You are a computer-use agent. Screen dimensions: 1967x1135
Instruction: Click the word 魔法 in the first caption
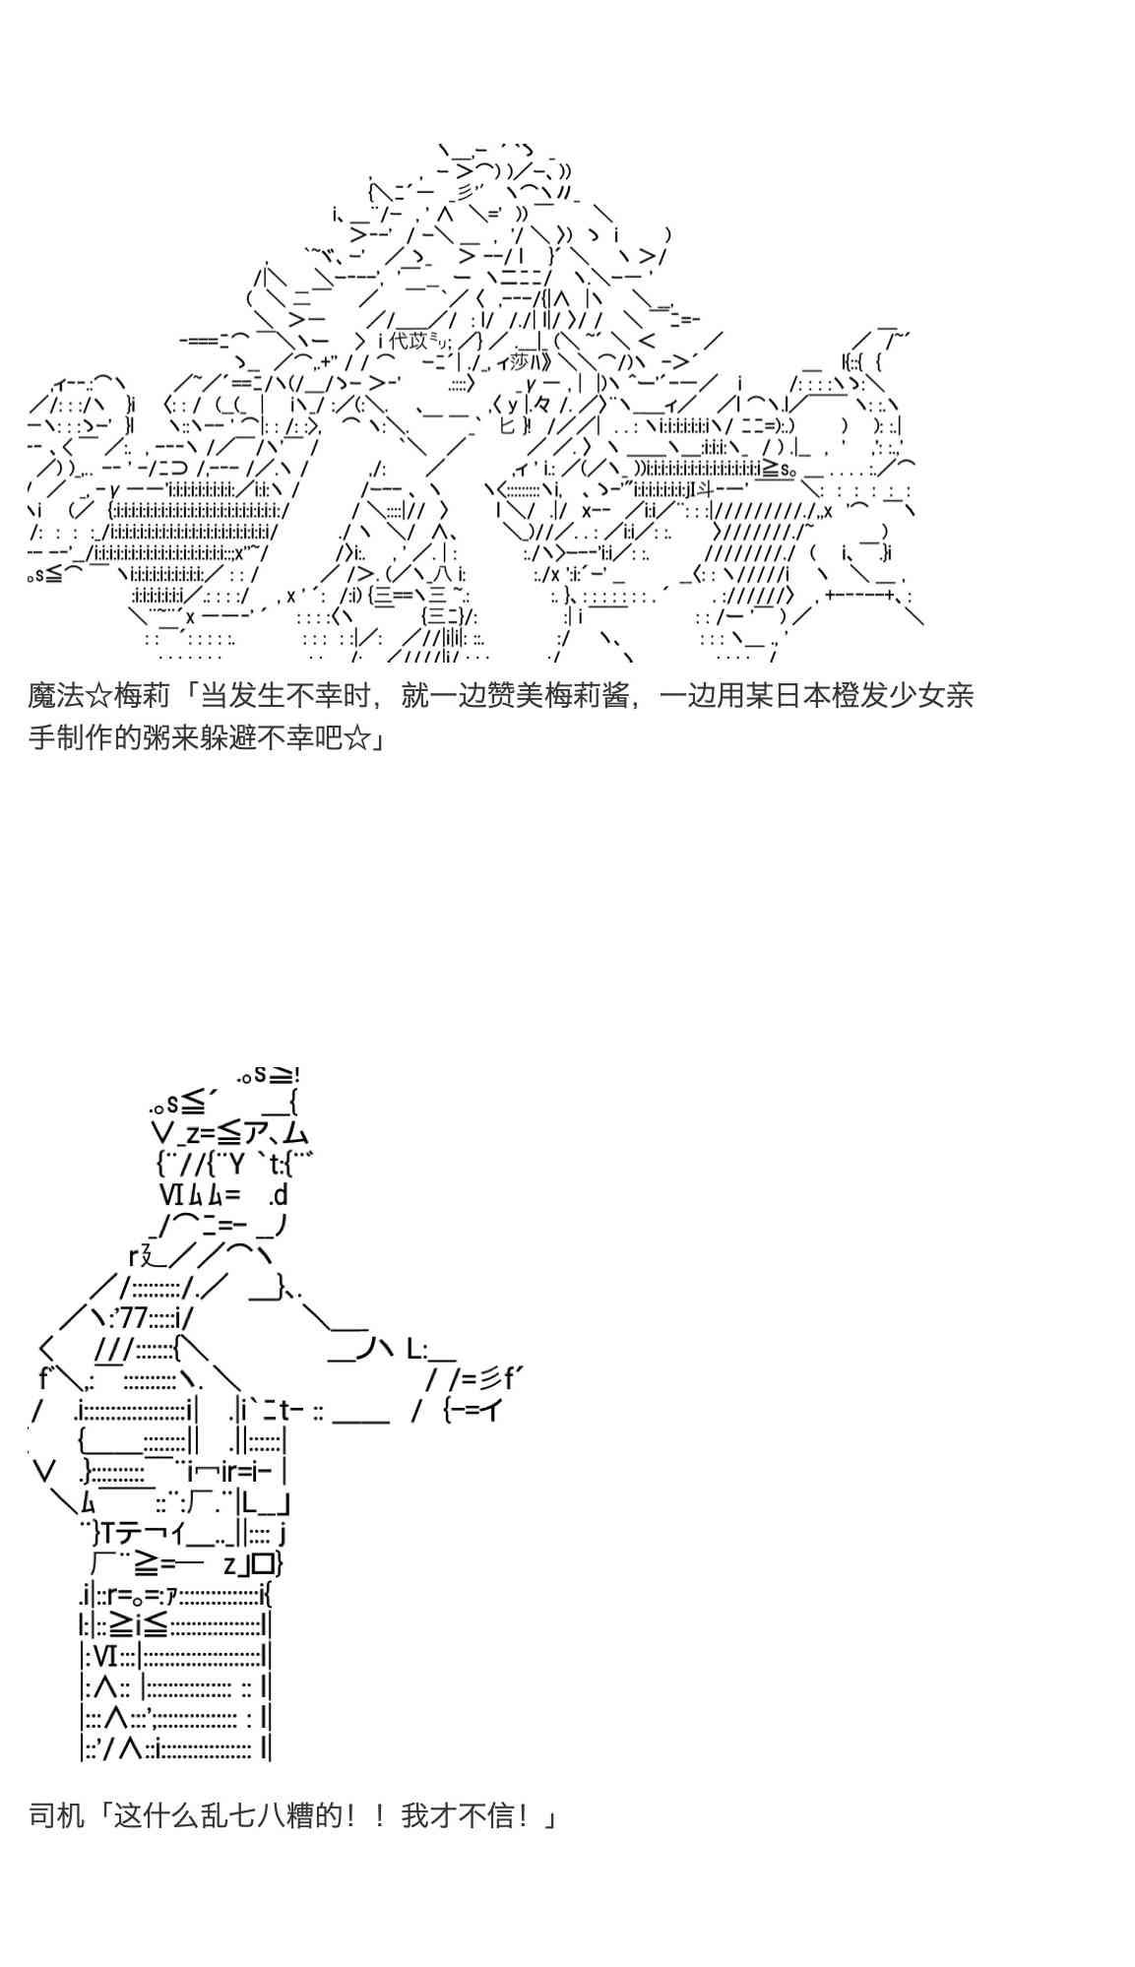pyautogui.click(x=58, y=696)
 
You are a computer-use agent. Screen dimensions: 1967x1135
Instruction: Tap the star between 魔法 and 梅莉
pyautogui.click(x=101, y=696)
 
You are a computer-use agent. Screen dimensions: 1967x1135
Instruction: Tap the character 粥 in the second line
pyautogui.click(x=158, y=737)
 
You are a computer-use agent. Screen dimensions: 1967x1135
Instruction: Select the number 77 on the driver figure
pyautogui.click(x=135, y=1318)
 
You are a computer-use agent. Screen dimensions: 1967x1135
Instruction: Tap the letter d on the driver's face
pyautogui.click(x=279, y=1195)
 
